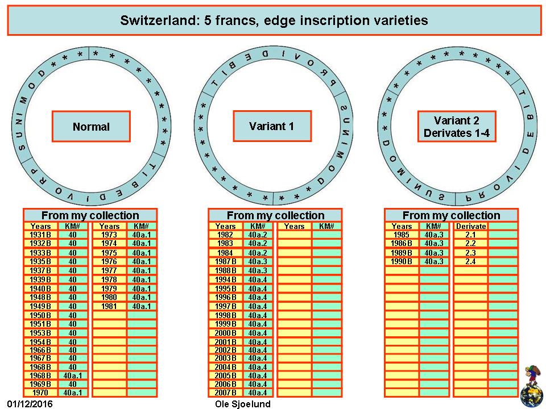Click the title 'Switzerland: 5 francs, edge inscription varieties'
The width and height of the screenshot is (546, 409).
pyautogui.click(x=274, y=20)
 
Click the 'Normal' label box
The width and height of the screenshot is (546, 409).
pyautogui.click(x=91, y=127)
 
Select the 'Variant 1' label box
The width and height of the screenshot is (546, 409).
pyautogui.click(x=272, y=126)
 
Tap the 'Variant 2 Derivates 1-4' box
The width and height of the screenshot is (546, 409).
pyautogui.click(x=457, y=127)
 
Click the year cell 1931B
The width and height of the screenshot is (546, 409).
pyautogui.click(x=40, y=235)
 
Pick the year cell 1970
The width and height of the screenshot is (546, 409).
pyautogui.click(x=40, y=393)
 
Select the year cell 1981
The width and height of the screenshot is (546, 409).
pyautogui.click(x=109, y=306)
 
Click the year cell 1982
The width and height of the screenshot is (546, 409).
pyautogui.click(x=225, y=235)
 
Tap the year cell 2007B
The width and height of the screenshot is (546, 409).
pyautogui.click(x=225, y=393)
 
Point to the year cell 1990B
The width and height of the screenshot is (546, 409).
pyautogui.click(x=402, y=261)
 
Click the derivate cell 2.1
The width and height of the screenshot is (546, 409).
pyautogui.click(x=470, y=235)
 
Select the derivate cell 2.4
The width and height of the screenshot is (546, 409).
pyautogui.click(x=470, y=261)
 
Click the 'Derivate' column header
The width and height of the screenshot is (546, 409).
pyautogui.click(x=471, y=226)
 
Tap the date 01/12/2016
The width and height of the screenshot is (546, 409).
pyautogui.click(x=30, y=404)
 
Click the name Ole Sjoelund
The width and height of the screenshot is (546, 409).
pyautogui.click(x=243, y=404)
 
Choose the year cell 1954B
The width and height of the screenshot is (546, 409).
pyautogui.click(x=40, y=342)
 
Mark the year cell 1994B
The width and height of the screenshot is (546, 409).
pyautogui.click(x=225, y=279)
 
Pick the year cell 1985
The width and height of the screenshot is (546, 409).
pyautogui.click(x=402, y=235)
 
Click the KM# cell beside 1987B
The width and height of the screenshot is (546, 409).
pyautogui.click(x=258, y=261)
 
